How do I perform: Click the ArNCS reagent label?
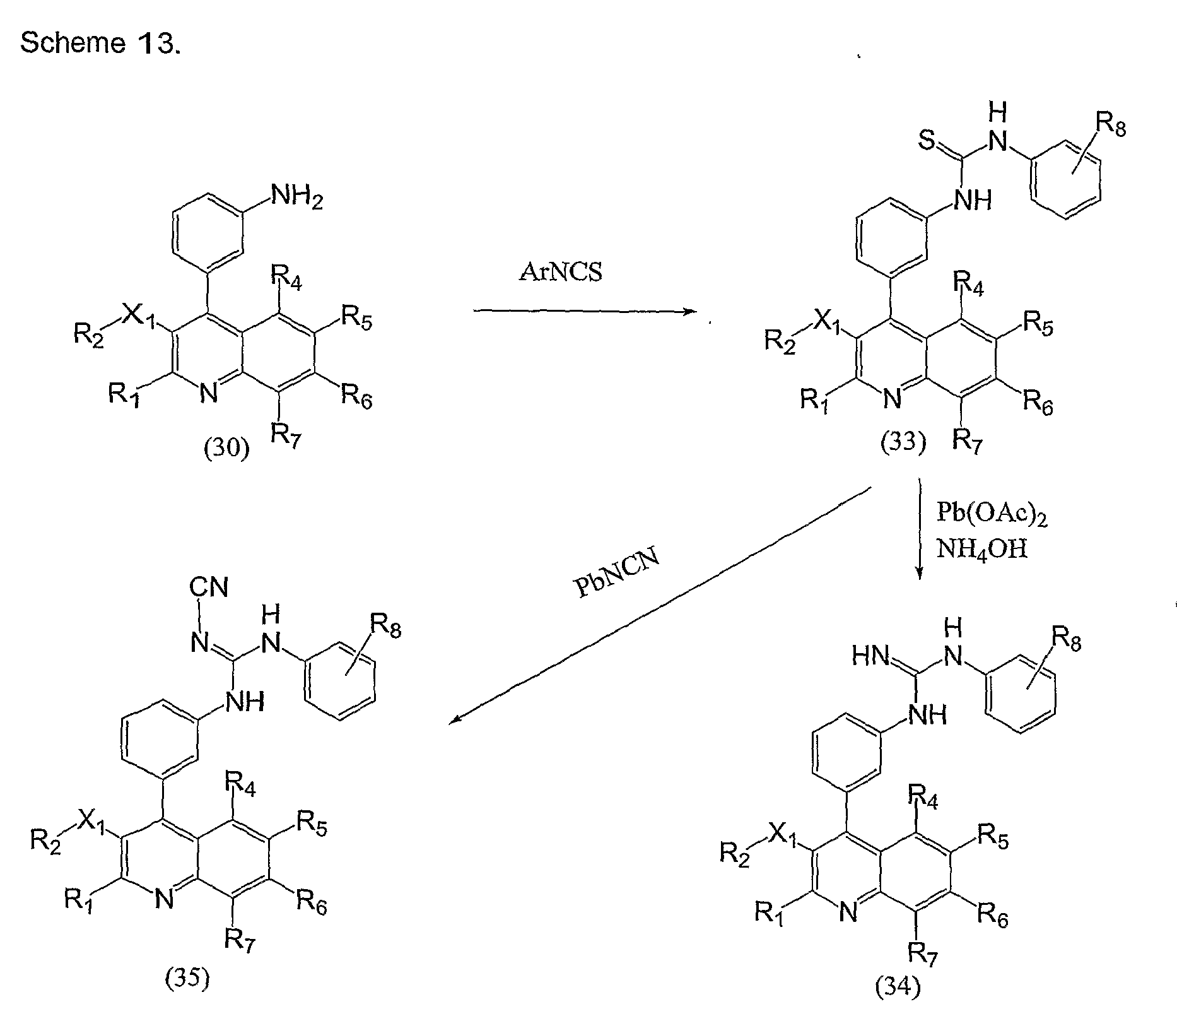coord(561,271)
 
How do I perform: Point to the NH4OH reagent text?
coord(981,548)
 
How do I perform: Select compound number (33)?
coord(903,442)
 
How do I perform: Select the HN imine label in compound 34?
coord(872,657)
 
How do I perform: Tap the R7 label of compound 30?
coord(286,435)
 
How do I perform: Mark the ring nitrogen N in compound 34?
coord(848,911)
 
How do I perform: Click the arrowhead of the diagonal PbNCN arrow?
coord(455,720)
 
